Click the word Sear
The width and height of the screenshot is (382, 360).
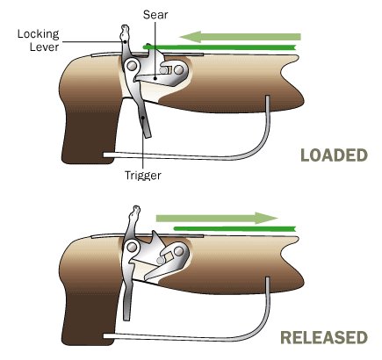[x=155, y=15]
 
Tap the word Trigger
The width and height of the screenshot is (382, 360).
[x=143, y=176]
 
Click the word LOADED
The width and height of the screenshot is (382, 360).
[x=334, y=155]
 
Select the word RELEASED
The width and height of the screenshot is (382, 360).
[x=324, y=337]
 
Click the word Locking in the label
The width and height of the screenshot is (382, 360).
[x=38, y=34]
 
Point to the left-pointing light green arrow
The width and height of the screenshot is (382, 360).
[x=240, y=37]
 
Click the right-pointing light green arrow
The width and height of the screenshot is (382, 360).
[x=217, y=218]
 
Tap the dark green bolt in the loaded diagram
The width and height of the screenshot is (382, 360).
[x=220, y=47]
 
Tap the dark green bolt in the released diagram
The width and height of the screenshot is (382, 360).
[x=234, y=228]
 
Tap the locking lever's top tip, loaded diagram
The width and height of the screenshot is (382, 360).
[x=126, y=25]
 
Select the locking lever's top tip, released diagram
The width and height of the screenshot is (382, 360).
[x=136, y=206]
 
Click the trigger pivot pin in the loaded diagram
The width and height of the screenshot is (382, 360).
[x=132, y=66]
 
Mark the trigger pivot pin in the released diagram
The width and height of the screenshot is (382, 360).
[x=132, y=248]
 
